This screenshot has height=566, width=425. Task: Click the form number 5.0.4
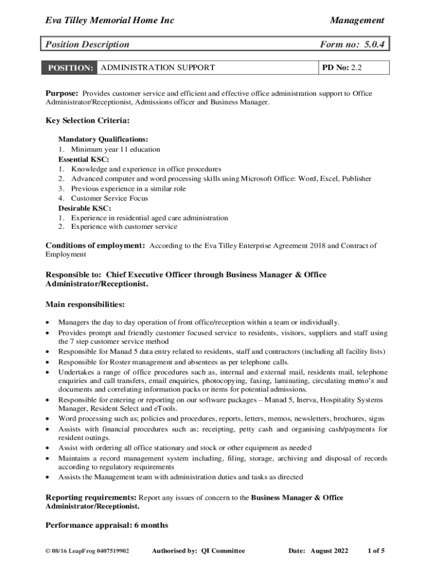(x=370, y=45)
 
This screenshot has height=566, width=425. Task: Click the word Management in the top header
(x=357, y=20)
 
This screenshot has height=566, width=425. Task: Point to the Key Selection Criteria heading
(x=87, y=120)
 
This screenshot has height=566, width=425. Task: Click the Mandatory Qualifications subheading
(x=103, y=140)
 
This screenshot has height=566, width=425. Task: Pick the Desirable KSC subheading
(x=84, y=208)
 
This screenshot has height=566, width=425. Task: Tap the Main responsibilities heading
(x=84, y=304)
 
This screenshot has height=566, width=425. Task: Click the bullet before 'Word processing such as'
(x=50, y=419)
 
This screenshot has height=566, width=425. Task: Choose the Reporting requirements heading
(x=91, y=497)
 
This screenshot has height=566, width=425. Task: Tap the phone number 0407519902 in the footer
(x=113, y=551)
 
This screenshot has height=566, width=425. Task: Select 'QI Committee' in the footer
(x=223, y=551)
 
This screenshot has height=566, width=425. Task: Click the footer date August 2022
(x=330, y=551)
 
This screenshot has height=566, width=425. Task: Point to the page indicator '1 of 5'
(x=376, y=551)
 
